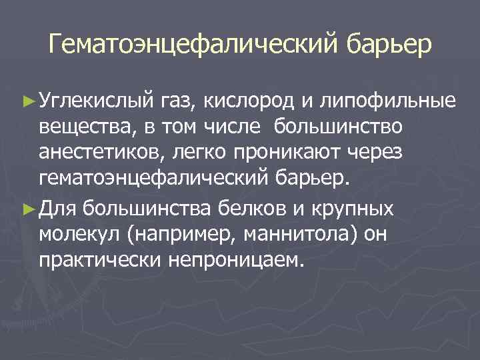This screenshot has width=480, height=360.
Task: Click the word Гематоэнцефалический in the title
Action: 193,45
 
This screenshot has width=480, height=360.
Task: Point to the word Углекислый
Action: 96,101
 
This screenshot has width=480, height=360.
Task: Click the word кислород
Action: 245,101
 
